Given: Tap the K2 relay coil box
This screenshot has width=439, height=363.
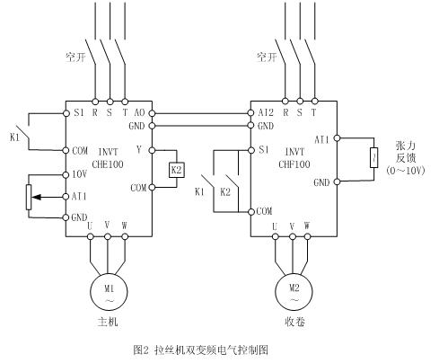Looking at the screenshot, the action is [x=177, y=170].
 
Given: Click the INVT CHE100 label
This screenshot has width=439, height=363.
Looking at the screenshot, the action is [x=108, y=158].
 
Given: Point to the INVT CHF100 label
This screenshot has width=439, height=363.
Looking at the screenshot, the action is [x=294, y=158].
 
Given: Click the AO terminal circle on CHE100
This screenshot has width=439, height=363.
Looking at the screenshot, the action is [x=152, y=113].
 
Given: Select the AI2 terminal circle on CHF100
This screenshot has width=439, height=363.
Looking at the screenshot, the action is [x=251, y=113].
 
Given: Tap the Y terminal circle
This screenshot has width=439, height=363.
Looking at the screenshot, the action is [x=152, y=150].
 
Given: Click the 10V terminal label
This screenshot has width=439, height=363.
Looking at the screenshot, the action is [x=79, y=174].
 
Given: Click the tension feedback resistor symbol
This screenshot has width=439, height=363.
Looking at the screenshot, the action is [x=373, y=157].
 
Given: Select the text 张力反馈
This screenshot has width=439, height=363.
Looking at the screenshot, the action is [x=406, y=152].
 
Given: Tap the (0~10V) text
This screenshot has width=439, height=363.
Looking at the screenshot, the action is [x=406, y=171].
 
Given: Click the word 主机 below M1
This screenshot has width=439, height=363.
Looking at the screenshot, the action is [x=108, y=322].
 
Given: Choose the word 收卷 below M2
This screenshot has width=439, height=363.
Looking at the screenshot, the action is [x=294, y=322].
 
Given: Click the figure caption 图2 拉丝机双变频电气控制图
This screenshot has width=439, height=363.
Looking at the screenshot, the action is [x=200, y=350].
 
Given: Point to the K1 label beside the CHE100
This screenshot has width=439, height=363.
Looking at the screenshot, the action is [x=14, y=137].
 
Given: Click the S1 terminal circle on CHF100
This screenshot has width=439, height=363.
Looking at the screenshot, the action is [x=251, y=150].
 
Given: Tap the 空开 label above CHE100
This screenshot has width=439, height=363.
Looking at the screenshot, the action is [x=75, y=57].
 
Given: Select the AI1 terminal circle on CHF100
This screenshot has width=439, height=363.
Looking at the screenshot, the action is [x=337, y=138].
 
